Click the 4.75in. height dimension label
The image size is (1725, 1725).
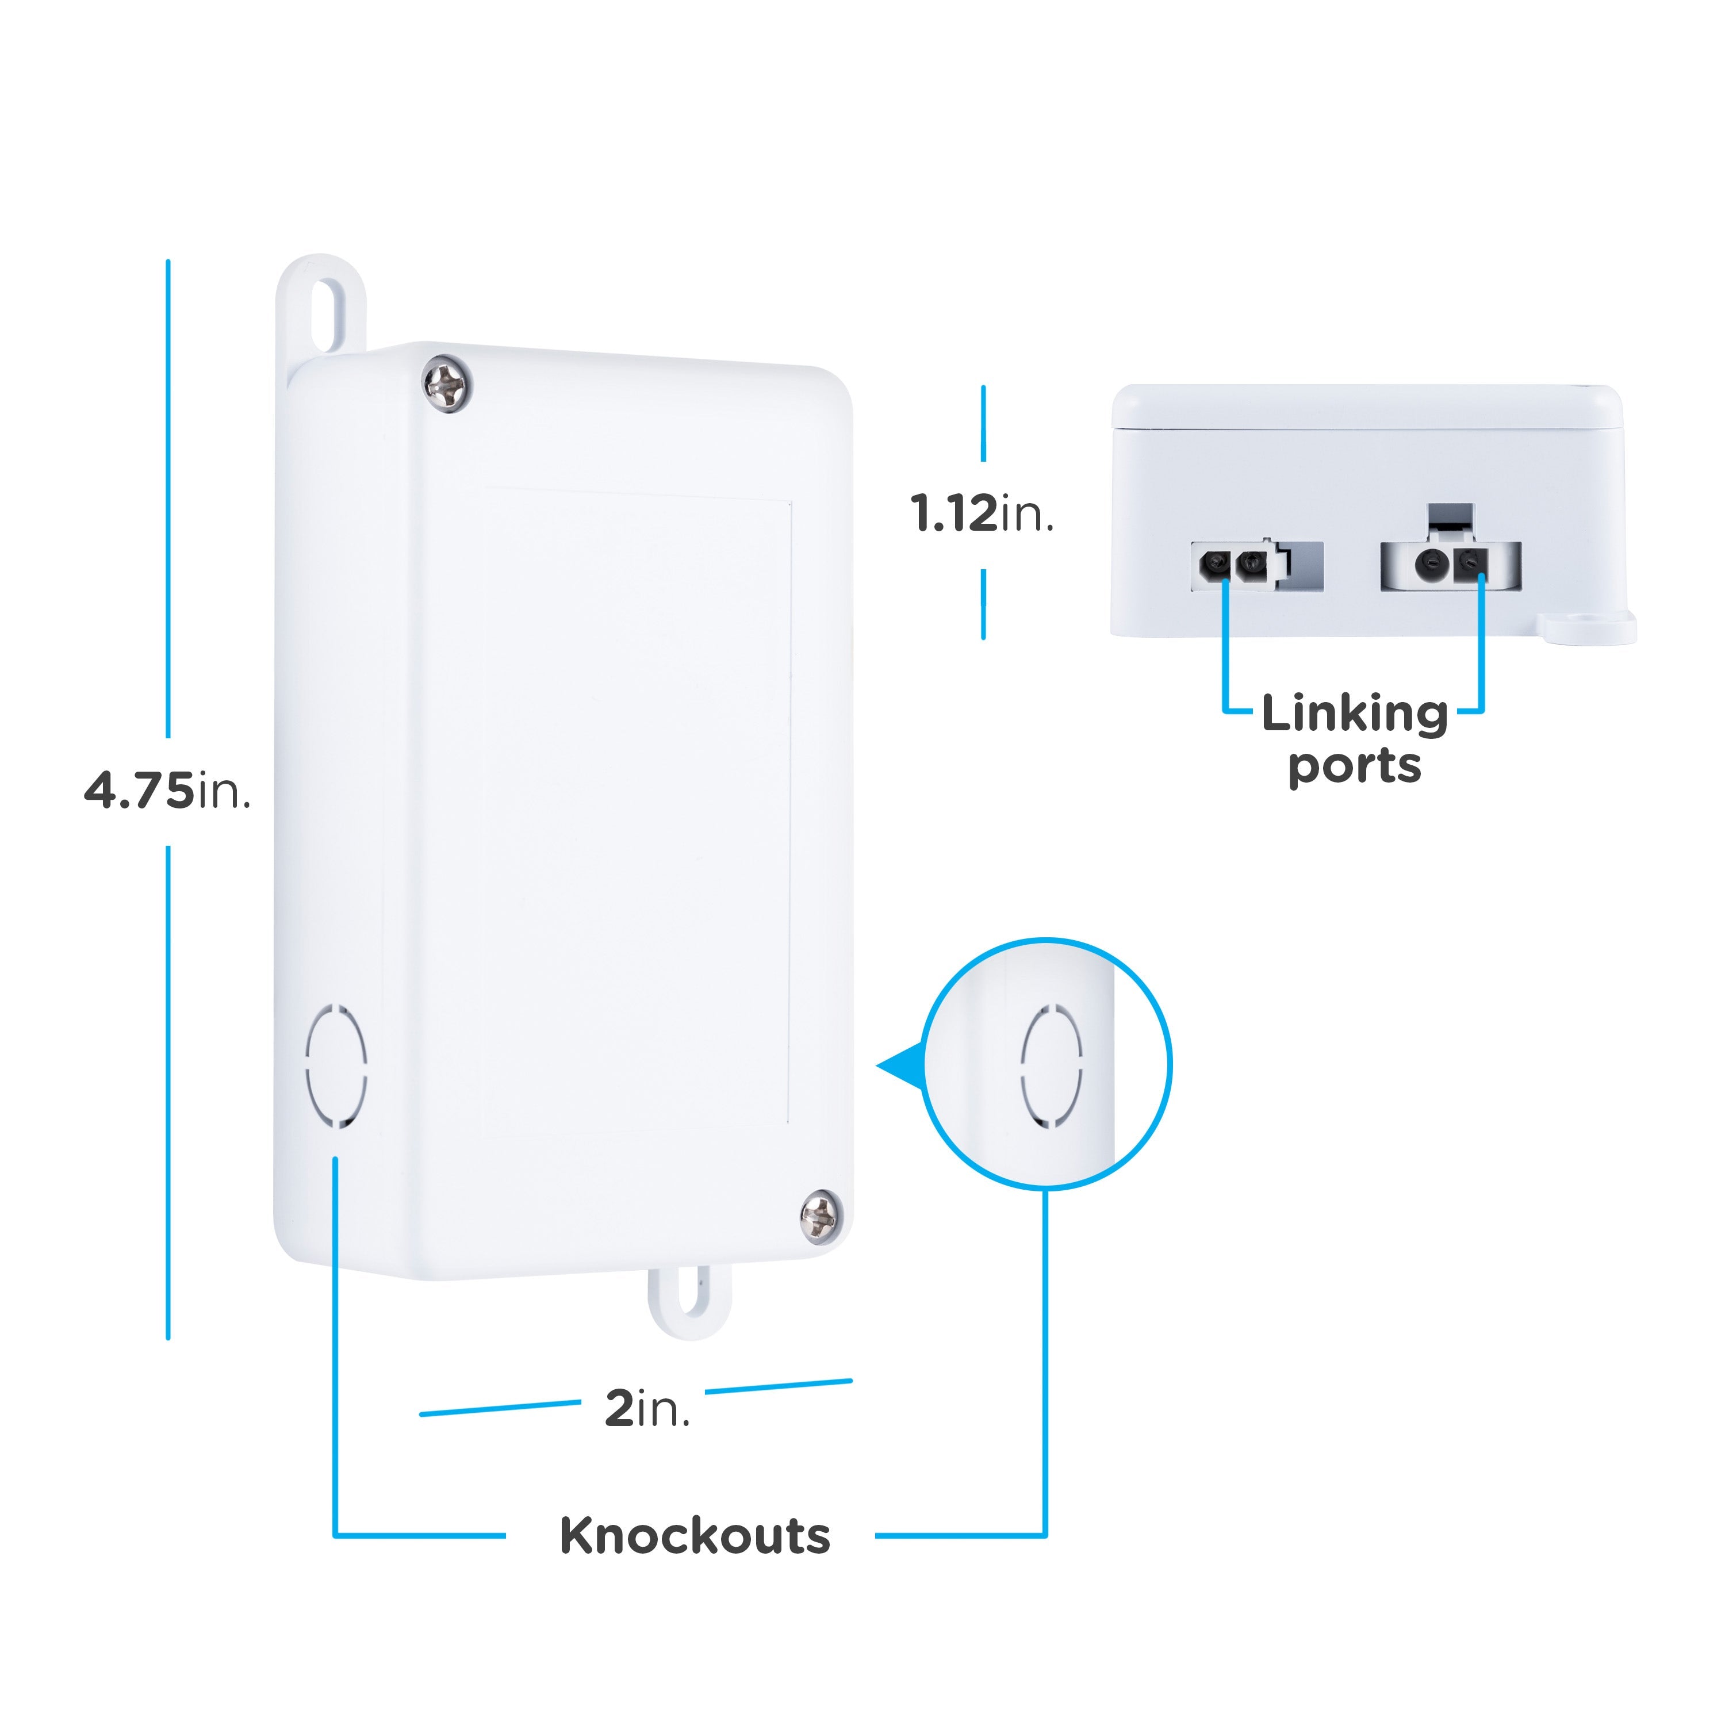point(167,791)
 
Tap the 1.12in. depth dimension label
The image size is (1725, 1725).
point(982,514)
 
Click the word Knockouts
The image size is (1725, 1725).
point(695,1536)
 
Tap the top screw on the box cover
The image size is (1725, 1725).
point(446,384)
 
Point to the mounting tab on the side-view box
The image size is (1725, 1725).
point(1589,627)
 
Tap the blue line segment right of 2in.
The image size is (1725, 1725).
point(779,1386)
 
